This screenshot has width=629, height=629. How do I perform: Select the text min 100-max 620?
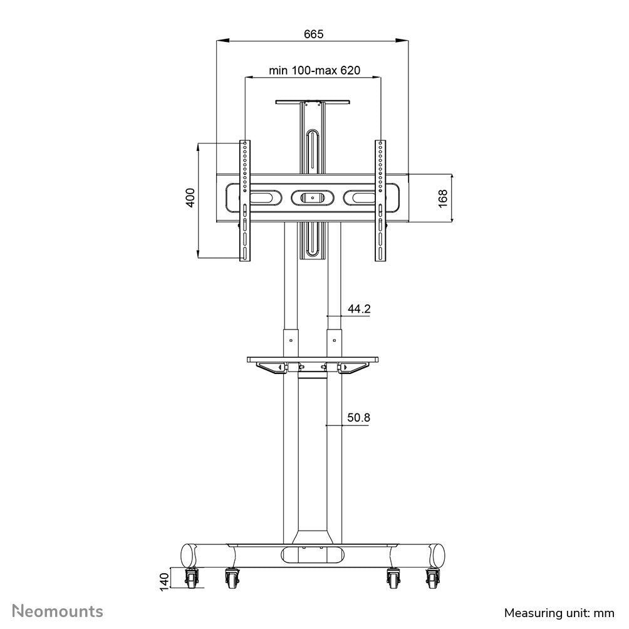point(314,71)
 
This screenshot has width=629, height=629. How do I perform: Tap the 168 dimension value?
point(443,198)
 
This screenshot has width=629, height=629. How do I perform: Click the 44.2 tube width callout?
point(359,309)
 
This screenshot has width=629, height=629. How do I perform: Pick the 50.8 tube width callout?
point(359,417)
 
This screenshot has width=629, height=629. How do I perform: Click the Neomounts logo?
point(58,610)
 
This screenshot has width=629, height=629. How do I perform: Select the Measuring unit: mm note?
point(559,612)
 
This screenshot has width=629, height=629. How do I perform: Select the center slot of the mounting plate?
point(312,197)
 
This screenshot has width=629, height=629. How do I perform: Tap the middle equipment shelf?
point(313,360)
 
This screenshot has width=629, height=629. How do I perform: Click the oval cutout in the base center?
point(313,555)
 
